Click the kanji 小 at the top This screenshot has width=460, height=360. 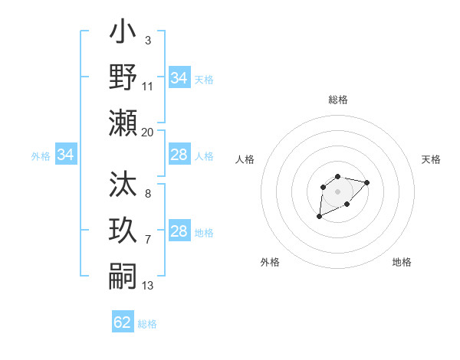coord(123,34)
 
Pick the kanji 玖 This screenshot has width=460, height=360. coord(123,229)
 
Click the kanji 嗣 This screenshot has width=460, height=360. coord(123,273)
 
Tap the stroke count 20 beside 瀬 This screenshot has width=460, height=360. coord(147,132)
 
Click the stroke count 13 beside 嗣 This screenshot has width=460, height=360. coord(147,285)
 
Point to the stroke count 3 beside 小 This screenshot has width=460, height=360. coord(147,40)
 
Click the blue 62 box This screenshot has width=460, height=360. coord(123,322)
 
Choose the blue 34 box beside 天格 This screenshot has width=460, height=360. coord(179,78)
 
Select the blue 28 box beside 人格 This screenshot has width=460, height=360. coord(179,155)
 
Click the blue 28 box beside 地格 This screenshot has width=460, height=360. coord(179,231)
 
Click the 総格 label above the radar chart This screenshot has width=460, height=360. coord(338,100)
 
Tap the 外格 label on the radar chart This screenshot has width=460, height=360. coord(270,262)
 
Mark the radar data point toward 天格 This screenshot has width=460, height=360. coord(366,182)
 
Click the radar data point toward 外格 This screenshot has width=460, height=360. coord(320,217)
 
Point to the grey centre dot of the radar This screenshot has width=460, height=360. coord(338,191)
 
